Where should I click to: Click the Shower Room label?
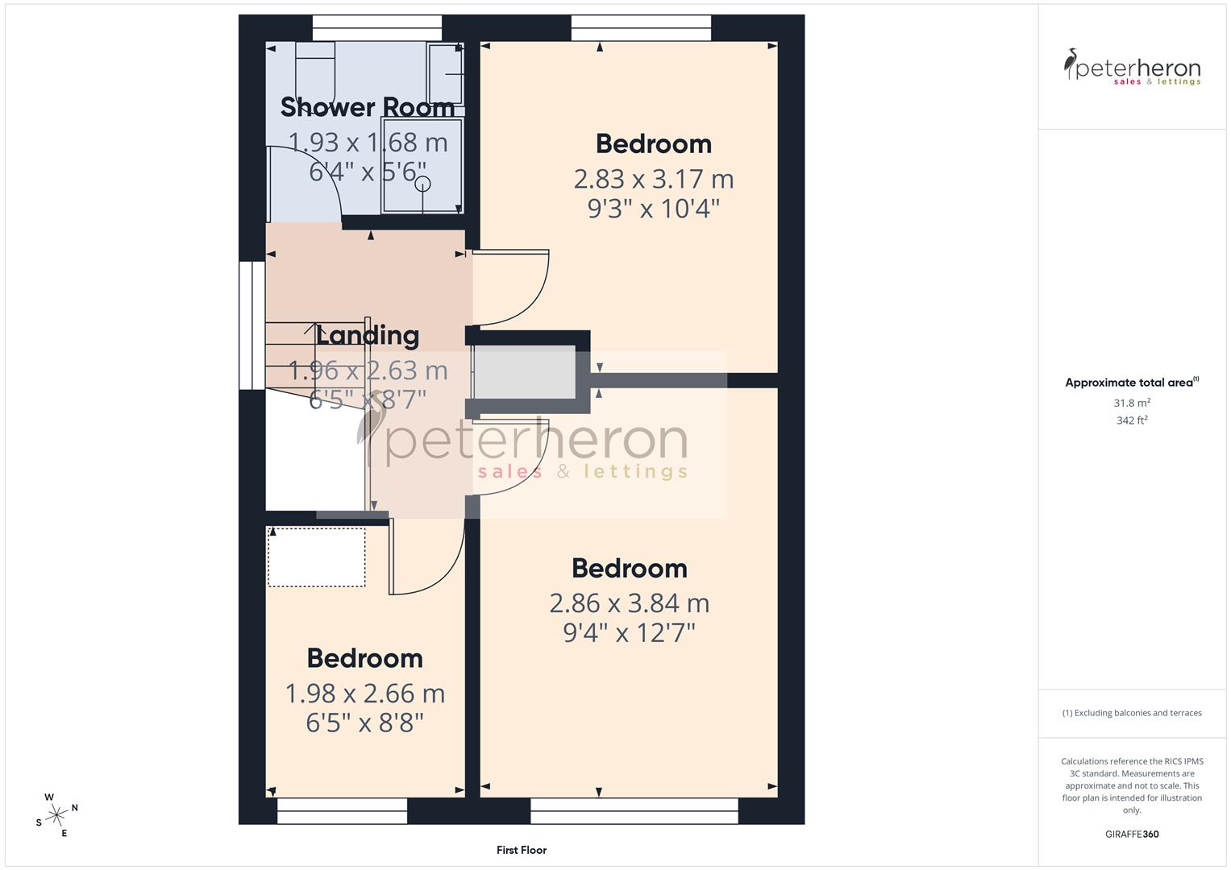coord(368,107)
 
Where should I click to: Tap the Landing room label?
coord(368,335)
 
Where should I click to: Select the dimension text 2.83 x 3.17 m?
coord(653,179)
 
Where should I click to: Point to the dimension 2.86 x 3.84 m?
coord(629,603)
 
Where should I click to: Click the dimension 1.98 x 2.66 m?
coord(364,694)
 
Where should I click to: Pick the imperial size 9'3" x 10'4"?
coord(653,209)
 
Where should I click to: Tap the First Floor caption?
coord(522,850)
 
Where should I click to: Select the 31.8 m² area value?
coord(1132,403)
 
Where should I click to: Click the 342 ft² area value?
coord(1132,420)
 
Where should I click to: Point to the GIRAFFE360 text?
coord(1132,835)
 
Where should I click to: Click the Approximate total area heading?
coord(1132,383)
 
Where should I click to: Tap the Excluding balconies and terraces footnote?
coord(1132,713)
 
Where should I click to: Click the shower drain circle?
coord(422,184)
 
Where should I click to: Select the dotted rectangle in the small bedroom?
coord(316,557)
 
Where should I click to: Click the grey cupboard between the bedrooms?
coord(523,372)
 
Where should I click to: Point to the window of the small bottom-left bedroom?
coord(342,811)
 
